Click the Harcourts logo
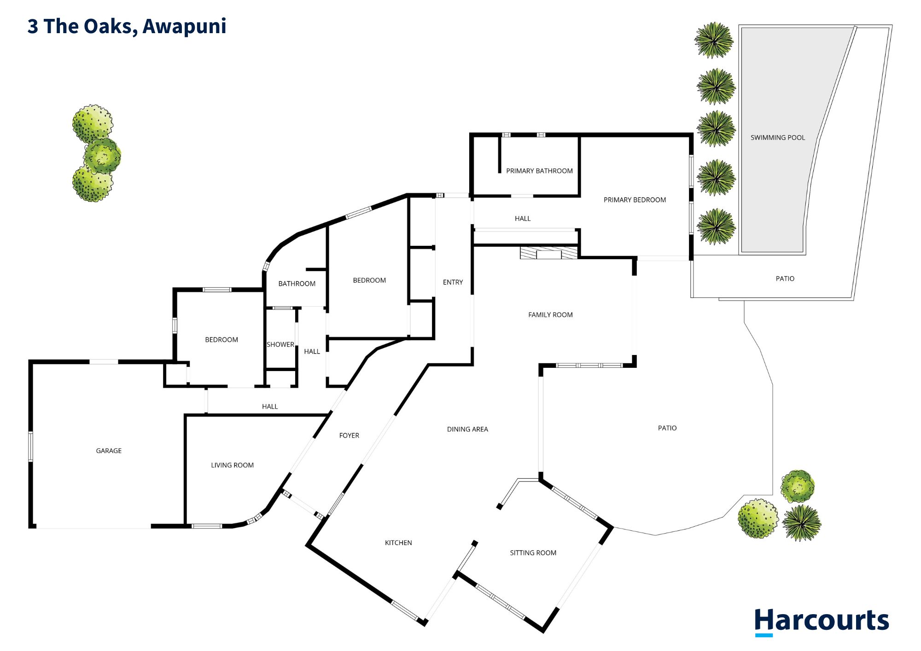coord(821,622)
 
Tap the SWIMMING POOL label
coord(778,138)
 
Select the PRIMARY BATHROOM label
coord(539,171)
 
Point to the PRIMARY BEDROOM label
coord(635,200)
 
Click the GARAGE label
coord(109,451)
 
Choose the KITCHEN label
coord(398,543)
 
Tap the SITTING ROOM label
coord(533,553)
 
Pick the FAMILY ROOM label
coord(550,315)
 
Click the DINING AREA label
coord(467,429)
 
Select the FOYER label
coord(349,436)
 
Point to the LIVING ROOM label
coord(232,465)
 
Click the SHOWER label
coord(280,344)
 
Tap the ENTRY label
coord(453,282)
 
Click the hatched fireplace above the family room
coord(548,253)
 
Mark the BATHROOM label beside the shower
coord(297,284)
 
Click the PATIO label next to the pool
coord(785,279)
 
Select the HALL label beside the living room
coord(270,407)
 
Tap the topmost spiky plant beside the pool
coord(714,41)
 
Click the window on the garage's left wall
coord(31,446)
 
